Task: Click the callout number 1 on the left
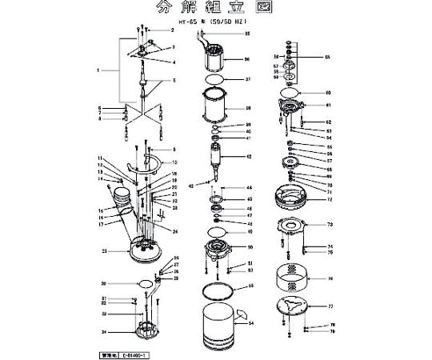point(98,71)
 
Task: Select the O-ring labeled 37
point(214,81)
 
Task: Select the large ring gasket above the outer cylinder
point(216,286)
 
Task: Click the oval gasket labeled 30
point(143,283)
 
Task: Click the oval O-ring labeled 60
point(293,93)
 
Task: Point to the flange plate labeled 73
point(293,227)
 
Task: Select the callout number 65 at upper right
point(327,58)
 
